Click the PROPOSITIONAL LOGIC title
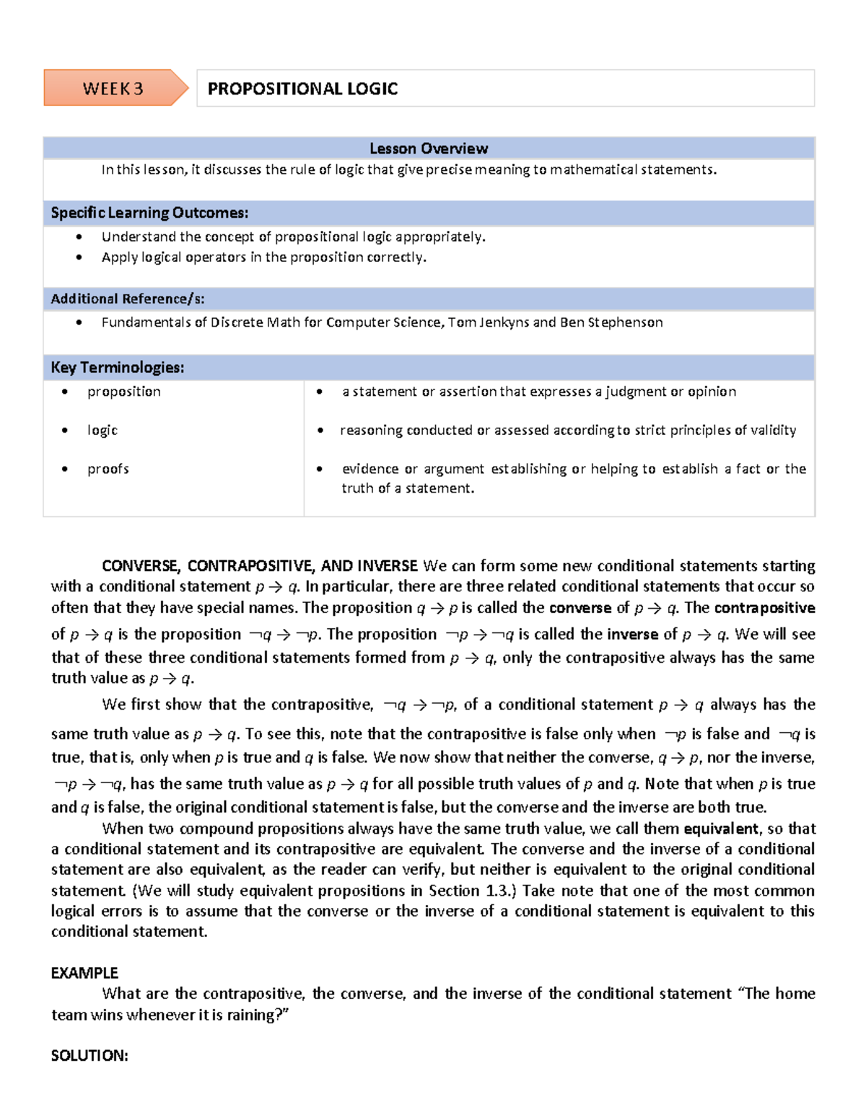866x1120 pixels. [x=302, y=89]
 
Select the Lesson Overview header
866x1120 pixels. [x=429, y=149]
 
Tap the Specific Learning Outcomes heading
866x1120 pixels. [x=149, y=213]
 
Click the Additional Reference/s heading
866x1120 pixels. [x=128, y=299]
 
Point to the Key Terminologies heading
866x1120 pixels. [x=118, y=368]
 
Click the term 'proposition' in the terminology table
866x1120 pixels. [x=124, y=392]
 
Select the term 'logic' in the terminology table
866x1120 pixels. [x=102, y=430]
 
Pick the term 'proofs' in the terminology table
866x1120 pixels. [x=108, y=469]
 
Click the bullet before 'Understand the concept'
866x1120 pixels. [x=79, y=237]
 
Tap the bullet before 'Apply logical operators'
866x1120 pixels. [x=79, y=257]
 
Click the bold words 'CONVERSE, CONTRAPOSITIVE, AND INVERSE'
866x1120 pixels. [x=260, y=565]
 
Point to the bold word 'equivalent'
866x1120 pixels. [x=720, y=829]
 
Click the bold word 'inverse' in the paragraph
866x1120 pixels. [x=632, y=634]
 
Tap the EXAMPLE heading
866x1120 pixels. [x=84, y=973]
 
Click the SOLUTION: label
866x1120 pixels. [x=89, y=1056]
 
